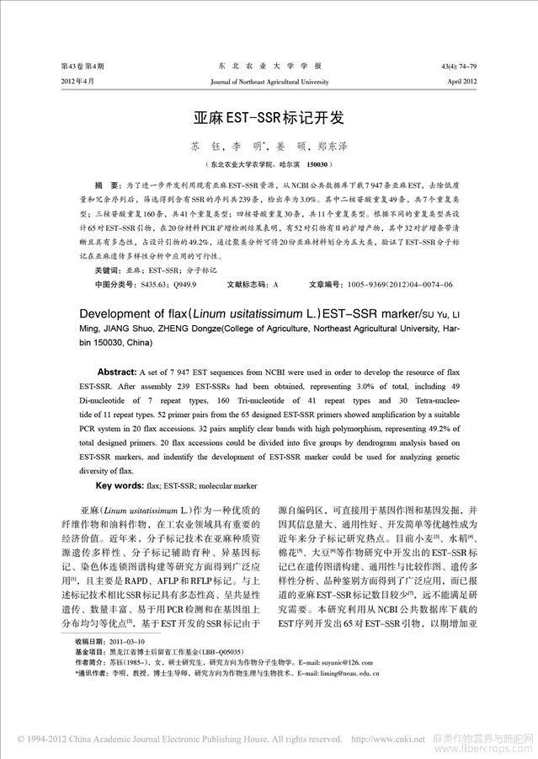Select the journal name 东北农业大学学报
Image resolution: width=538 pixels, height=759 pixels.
(269, 66)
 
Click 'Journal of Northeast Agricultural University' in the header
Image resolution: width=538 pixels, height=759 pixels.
(269, 83)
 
